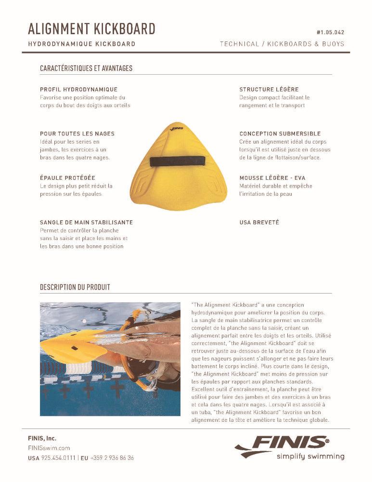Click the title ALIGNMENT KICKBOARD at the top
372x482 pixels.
tap(91, 29)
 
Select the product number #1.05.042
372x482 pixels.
tap(330, 32)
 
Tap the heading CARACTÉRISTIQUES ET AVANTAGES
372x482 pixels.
tap(86, 68)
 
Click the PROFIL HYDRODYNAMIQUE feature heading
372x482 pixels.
tap(78, 90)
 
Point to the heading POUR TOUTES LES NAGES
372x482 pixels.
tap(77, 134)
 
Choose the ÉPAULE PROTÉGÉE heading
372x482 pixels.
tap(67, 178)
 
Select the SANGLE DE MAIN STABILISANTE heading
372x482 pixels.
tap(86, 223)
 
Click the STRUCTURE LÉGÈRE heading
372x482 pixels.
tap(269, 90)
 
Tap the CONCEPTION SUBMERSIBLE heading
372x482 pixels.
tap(280, 134)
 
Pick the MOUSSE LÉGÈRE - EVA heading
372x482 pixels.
tap(272, 178)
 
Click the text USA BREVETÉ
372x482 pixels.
tap(259, 223)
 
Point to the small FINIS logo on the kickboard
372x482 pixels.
tap(177, 129)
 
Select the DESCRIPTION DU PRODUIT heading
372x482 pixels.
tap(75, 287)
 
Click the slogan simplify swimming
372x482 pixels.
tap(310, 456)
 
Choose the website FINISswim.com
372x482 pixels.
tap(49, 448)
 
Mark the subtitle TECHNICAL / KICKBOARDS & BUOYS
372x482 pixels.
tap(282, 44)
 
